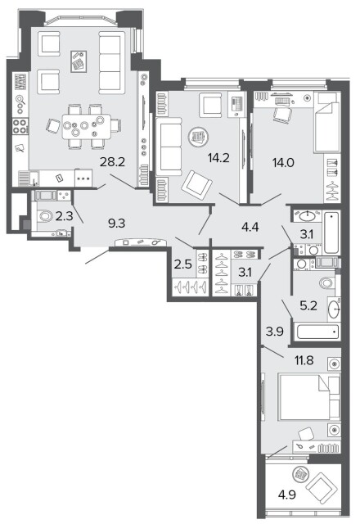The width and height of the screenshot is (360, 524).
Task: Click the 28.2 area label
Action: (112, 162)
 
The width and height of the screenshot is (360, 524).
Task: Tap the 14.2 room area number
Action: (218, 157)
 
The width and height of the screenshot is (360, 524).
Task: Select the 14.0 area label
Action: (283, 163)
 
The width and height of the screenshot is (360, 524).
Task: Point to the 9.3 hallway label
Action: (116, 224)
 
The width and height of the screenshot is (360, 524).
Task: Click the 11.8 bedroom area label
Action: (304, 360)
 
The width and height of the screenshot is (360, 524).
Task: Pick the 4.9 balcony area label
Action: (287, 494)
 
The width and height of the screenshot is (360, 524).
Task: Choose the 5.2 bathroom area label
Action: (308, 305)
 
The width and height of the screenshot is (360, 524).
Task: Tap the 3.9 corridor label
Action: (275, 331)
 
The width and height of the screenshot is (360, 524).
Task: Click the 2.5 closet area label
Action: (183, 264)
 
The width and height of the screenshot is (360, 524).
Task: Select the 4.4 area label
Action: (250, 228)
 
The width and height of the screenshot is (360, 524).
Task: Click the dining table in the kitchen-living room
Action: (86, 126)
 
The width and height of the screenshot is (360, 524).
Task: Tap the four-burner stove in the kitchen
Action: (20, 126)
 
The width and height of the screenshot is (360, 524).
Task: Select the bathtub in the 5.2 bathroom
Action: (317, 332)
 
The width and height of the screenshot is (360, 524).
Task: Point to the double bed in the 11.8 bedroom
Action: (309, 397)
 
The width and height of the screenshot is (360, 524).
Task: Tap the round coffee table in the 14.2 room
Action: (198, 137)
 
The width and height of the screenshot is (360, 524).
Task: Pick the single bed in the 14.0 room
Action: (327, 123)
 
